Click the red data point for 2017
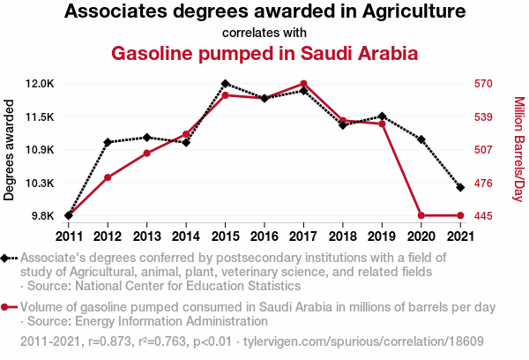(302, 84)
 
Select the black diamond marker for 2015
(225, 84)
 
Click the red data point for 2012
(108, 177)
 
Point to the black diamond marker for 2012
(108, 142)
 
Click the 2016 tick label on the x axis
(264, 236)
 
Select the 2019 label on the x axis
(381, 236)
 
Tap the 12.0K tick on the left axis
(40, 84)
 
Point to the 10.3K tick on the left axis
(40, 183)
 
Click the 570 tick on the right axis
(482, 84)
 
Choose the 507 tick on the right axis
(482, 149)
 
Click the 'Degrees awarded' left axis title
(10, 150)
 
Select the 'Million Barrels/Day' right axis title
(518, 150)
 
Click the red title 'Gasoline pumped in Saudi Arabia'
(264, 53)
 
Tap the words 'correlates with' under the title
(264, 32)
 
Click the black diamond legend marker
(7, 258)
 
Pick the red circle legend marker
(7, 307)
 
